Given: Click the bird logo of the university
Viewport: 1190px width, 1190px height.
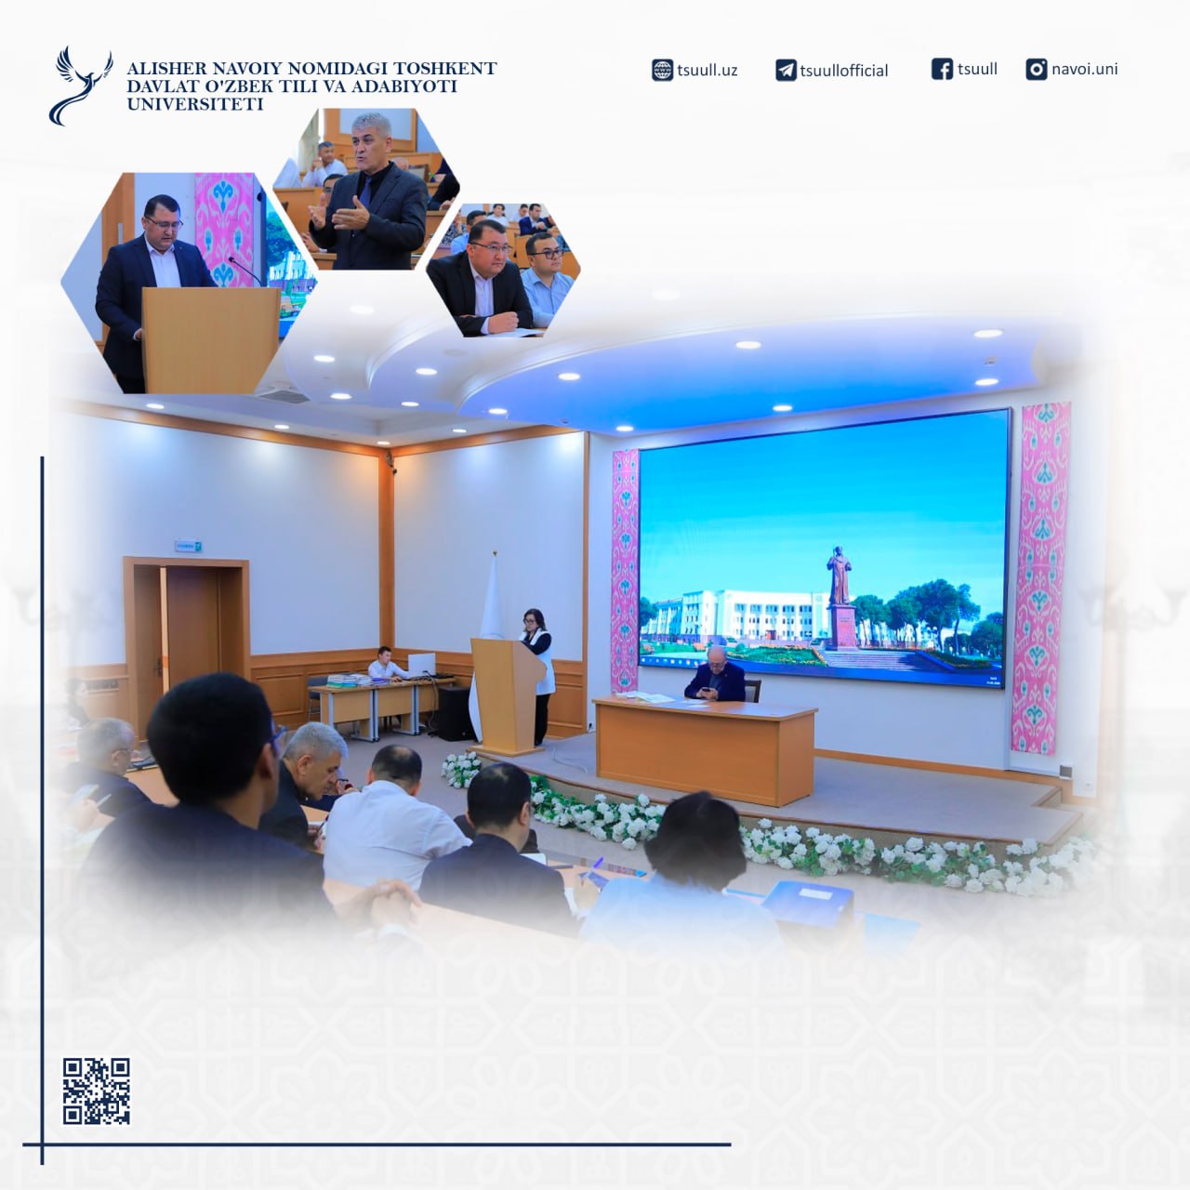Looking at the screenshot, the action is (80, 86).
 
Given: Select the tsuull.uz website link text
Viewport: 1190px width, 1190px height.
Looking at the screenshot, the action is (707, 70).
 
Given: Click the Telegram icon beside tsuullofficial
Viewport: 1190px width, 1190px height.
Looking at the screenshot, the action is (786, 71).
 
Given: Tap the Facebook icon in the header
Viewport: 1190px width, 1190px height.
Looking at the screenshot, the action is (942, 69).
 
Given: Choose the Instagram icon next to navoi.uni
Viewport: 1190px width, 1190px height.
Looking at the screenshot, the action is (1037, 69).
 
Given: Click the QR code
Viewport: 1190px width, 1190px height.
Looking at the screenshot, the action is (97, 1091).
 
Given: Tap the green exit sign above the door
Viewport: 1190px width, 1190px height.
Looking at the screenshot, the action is (189, 547).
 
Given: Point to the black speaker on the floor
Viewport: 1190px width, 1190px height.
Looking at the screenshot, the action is (456, 713).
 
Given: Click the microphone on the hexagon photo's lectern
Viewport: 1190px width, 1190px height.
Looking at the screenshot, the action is (245, 271).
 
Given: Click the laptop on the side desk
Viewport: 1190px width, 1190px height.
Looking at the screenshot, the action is (421, 665).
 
